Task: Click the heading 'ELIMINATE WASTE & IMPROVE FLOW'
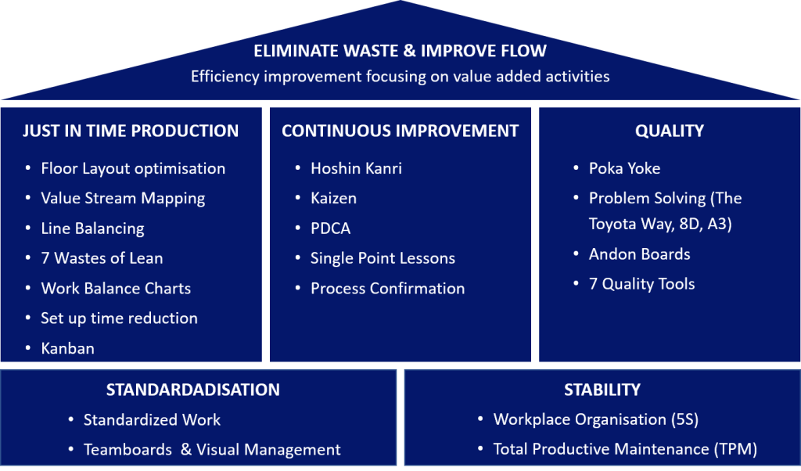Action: (x=400, y=52)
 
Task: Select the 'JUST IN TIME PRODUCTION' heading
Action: (x=131, y=131)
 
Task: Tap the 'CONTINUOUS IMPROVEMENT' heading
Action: (x=400, y=131)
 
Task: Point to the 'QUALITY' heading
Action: (x=670, y=131)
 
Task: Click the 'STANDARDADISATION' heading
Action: (x=192, y=390)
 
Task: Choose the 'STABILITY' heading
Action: (x=602, y=390)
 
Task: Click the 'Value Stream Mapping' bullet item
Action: (x=123, y=198)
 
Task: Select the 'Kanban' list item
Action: (x=67, y=348)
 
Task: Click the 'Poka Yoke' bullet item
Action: (x=624, y=168)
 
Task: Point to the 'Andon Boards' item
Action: (x=639, y=254)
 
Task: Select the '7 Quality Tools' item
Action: (x=641, y=284)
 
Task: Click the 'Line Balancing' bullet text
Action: (x=92, y=228)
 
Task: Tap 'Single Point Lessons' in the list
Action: (x=383, y=258)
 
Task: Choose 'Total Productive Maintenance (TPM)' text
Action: (x=625, y=449)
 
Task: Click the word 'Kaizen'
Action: (x=333, y=198)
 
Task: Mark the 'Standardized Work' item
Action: (x=152, y=419)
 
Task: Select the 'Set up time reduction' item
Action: (x=119, y=318)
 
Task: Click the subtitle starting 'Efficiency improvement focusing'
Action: (x=400, y=77)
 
